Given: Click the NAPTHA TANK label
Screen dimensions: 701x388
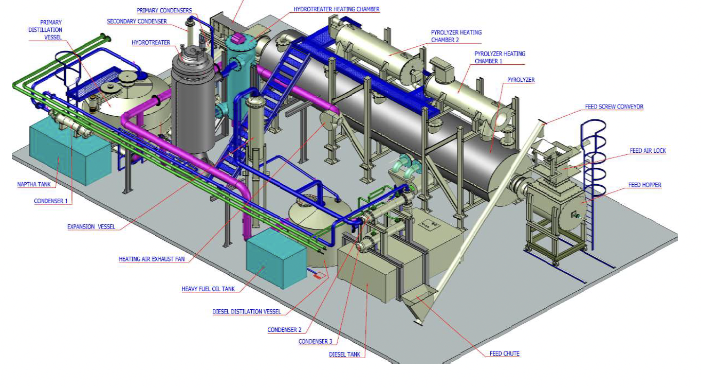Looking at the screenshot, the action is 34,184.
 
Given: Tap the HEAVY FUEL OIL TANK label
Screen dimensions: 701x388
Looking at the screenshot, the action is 208,289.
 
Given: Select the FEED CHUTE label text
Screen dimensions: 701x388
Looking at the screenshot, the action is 505,354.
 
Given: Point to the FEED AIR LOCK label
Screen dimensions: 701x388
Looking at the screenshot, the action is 648,151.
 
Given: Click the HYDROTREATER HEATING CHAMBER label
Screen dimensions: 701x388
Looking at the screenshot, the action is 337,9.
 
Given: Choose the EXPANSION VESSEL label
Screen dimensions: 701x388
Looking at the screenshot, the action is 91,226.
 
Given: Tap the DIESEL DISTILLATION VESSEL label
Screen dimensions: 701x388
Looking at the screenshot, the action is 247,311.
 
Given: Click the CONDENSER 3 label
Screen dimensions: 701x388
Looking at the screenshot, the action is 316,341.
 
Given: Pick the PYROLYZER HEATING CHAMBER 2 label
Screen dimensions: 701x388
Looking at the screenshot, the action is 456,36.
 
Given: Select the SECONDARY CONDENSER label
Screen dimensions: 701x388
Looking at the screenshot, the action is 137,21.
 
